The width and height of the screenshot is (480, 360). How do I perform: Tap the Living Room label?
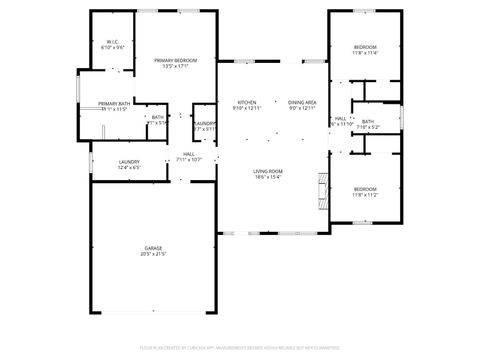pos(267,171)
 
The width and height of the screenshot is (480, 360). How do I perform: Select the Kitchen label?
pos(247,102)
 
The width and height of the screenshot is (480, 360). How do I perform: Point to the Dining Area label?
pos(302,102)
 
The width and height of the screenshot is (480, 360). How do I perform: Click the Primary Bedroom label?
pos(175,61)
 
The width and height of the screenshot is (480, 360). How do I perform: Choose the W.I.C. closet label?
pos(112,42)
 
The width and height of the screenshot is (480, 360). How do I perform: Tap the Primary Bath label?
pos(113,103)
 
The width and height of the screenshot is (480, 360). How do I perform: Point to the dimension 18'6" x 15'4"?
pos(267,178)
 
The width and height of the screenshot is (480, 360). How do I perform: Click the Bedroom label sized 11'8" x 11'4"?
pos(365,47)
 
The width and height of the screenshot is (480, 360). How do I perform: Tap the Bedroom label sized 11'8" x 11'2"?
pos(365,190)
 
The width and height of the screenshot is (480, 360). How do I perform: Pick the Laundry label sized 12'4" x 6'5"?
pos(129,161)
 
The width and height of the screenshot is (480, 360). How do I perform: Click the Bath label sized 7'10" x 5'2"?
pos(368,121)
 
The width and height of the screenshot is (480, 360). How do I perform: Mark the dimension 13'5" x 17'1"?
pos(175,68)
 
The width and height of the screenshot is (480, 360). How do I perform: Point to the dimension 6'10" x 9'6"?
pos(112,48)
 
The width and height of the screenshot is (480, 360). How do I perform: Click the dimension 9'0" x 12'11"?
pos(302,108)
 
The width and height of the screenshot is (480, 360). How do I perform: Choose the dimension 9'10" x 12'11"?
pos(247,108)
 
